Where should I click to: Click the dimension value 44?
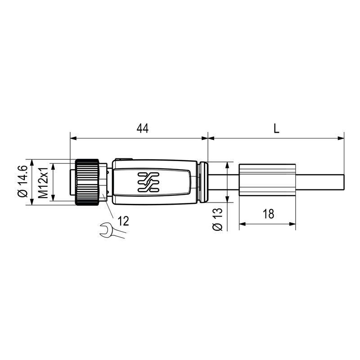(x=142, y=129)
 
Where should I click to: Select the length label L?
(x=276, y=129)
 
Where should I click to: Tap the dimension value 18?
(x=268, y=214)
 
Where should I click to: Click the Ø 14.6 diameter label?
(x=22, y=182)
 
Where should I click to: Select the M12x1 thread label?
(x=43, y=182)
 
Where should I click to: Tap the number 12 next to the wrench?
(x=123, y=220)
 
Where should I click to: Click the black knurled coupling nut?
(x=87, y=182)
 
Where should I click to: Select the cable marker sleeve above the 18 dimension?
(x=267, y=182)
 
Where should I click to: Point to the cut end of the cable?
(x=343, y=182)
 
